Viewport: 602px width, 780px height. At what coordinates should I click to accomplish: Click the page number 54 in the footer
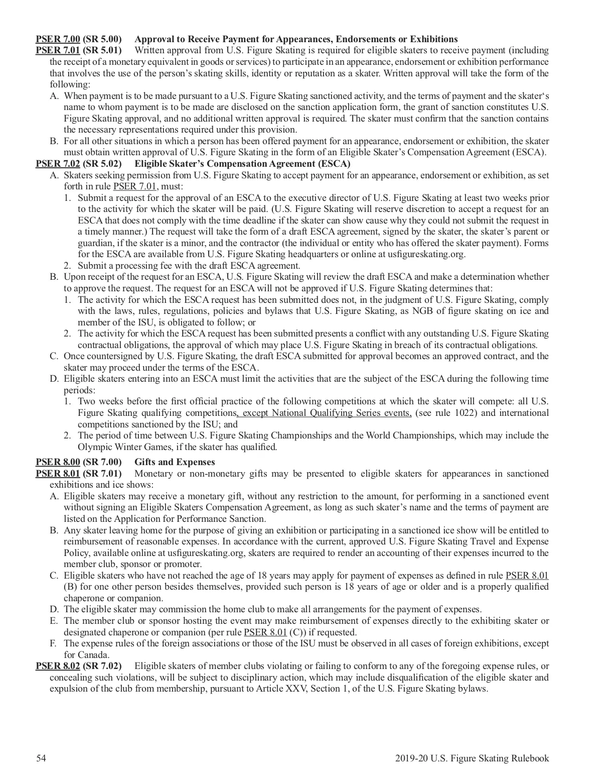(x=41, y=758)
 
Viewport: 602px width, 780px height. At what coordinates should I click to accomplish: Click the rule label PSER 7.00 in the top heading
(x=58, y=39)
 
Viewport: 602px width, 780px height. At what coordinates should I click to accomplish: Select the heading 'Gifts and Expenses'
(x=175, y=462)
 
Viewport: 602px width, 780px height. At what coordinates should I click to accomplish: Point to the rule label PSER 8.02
(x=58, y=666)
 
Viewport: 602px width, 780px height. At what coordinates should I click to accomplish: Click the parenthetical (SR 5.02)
(x=102, y=164)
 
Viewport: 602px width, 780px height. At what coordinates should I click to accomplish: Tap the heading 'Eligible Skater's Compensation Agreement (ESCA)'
(x=242, y=164)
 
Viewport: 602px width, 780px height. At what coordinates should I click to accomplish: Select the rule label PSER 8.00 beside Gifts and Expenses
(x=58, y=462)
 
